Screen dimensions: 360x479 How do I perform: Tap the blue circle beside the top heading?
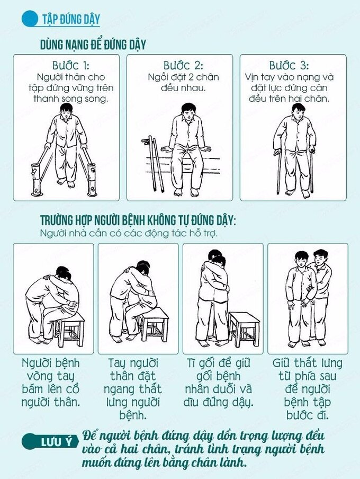coord(30,19)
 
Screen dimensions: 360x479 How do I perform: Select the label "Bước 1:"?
coord(71,65)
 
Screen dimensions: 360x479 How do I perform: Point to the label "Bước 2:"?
coord(183,65)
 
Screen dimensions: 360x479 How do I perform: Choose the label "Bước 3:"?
coord(289,65)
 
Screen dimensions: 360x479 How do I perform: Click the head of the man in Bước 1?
coord(66,110)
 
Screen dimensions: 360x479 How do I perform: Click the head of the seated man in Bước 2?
coord(188,111)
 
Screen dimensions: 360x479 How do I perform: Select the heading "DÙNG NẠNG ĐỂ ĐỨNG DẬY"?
coord(93,45)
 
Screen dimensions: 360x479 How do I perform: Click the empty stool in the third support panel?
coord(244,329)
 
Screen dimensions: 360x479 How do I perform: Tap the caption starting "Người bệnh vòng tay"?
coord(51,383)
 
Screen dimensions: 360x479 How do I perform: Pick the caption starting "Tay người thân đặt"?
coord(133,389)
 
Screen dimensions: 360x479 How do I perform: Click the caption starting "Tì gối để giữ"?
coord(218,383)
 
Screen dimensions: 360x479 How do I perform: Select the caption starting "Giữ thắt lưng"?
coord(307,389)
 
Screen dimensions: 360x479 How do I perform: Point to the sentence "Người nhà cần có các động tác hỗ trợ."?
coord(129,233)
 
